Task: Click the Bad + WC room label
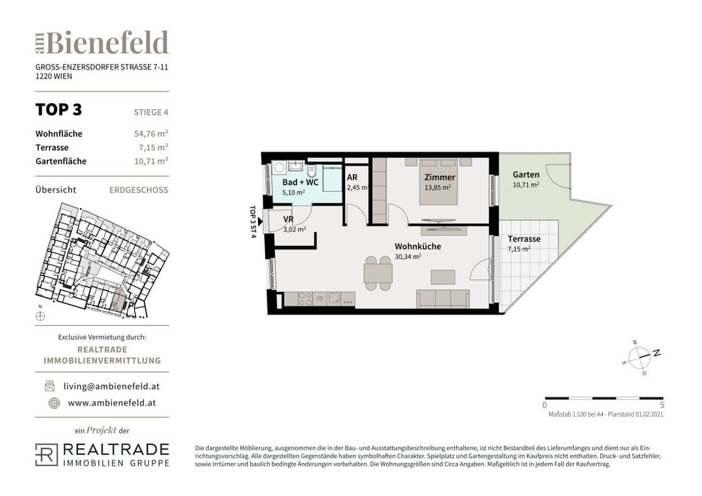click(x=300, y=182)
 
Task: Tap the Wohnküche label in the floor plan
click(x=418, y=246)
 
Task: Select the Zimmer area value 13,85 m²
click(x=437, y=188)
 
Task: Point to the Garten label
click(x=526, y=175)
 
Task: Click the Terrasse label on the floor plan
click(x=524, y=239)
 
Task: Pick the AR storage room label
click(x=352, y=177)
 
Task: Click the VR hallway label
click(x=289, y=219)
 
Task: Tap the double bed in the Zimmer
click(x=439, y=181)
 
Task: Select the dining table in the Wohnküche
click(x=378, y=273)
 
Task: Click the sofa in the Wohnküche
click(x=443, y=298)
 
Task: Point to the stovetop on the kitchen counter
click(x=305, y=299)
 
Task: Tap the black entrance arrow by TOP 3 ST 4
click(x=260, y=222)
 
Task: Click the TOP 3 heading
click(x=58, y=110)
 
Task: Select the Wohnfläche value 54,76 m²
click(x=151, y=133)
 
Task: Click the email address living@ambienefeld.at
click(x=112, y=386)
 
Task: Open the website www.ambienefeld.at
click(x=112, y=403)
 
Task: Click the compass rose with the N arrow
click(x=642, y=357)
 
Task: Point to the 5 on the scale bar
click(x=662, y=405)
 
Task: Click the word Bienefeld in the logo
click(x=107, y=43)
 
